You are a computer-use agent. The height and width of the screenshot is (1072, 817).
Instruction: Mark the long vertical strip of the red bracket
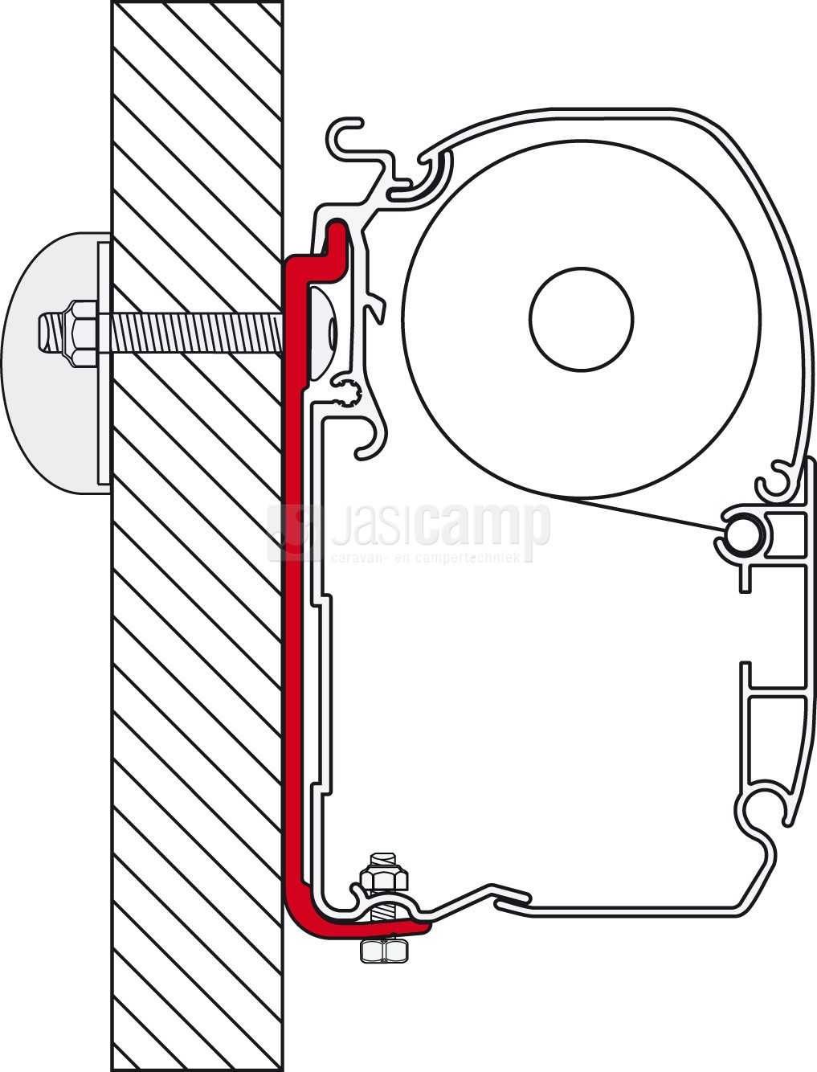point(295,603)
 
